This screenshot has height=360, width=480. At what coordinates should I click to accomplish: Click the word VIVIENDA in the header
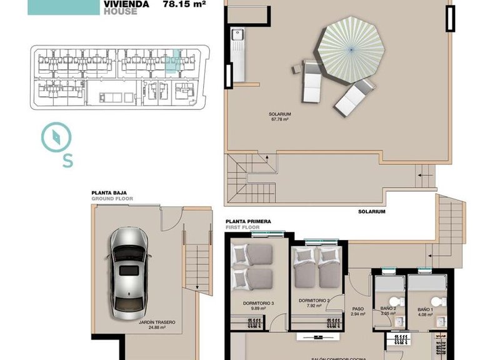(x=126, y=3)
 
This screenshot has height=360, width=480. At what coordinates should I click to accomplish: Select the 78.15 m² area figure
(x=184, y=3)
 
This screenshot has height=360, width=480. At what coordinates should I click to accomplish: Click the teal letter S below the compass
(x=67, y=161)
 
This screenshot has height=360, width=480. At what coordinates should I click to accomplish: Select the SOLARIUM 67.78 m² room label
(x=279, y=117)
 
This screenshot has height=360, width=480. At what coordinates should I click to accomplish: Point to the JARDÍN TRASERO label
(x=157, y=325)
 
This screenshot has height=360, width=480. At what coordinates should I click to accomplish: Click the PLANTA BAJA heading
(x=110, y=193)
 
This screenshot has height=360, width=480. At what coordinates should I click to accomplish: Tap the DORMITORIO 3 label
(x=258, y=304)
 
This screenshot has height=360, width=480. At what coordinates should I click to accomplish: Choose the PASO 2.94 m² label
(x=358, y=311)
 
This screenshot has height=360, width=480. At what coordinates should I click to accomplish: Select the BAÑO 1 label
(x=424, y=309)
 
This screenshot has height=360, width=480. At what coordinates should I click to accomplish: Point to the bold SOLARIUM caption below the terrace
(x=371, y=212)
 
